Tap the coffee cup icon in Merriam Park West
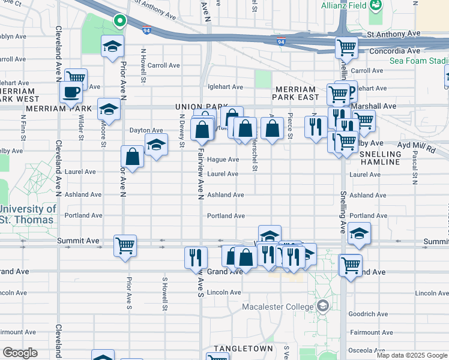[x=71, y=92]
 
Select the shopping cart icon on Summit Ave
[x=125, y=245]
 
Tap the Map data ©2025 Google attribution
[x=412, y=355]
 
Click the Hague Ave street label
[x=223, y=160]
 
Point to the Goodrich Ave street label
[x=370, y=314]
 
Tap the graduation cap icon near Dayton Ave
[x=156, y=145]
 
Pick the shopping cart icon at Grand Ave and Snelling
[x=351, y=263]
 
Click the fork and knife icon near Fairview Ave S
[x=196, y=257]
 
